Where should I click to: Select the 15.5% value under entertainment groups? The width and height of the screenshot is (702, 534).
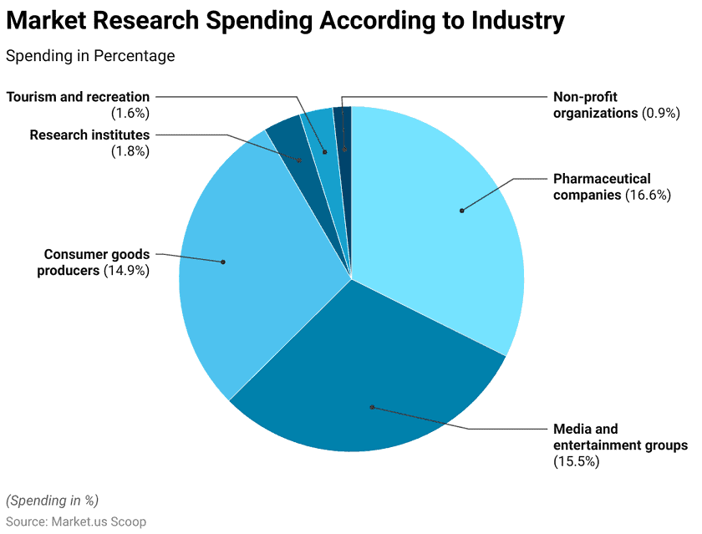point(577,461)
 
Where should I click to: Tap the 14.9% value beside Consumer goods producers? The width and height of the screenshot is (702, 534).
point(126,271)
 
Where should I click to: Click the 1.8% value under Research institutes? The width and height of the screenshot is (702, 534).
point(130,151)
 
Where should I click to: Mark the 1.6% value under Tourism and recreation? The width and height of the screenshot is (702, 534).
point(130,113)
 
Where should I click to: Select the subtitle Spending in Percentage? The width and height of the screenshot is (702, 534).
point(90,56)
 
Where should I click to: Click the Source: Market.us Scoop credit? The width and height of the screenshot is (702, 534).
point(76,521)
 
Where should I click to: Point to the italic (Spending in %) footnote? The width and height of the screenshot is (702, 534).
point(52,500)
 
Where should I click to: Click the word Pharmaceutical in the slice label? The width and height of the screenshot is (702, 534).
point(602,179)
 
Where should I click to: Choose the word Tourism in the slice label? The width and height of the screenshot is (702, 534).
point(34,97)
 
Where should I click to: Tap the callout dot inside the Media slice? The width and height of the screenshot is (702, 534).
point(372,407)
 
